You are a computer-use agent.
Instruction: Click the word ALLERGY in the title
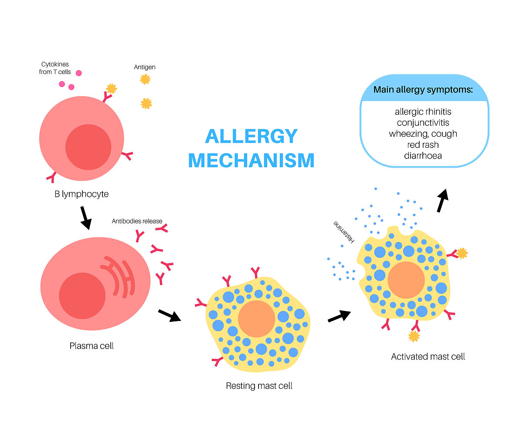251,136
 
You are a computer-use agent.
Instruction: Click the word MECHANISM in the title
251,160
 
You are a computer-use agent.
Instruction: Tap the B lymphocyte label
82,194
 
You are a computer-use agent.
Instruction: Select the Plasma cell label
92,346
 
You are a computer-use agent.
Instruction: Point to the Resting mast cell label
259,386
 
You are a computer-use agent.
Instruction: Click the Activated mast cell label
428,357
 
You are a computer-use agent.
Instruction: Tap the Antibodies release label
137,221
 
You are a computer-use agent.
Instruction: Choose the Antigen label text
145,67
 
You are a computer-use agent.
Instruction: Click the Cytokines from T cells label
55,68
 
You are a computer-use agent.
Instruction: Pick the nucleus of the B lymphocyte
88,147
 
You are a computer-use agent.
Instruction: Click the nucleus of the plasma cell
82,296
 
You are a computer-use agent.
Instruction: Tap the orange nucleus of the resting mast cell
257,319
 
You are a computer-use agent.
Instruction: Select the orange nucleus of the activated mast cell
406,280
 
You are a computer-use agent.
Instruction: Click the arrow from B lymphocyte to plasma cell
85,218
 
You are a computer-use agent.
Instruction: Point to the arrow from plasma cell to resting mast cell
169,315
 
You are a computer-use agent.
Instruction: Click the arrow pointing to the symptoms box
443,200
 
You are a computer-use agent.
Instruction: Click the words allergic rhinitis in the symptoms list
423,112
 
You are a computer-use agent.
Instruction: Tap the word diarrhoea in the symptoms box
423,155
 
